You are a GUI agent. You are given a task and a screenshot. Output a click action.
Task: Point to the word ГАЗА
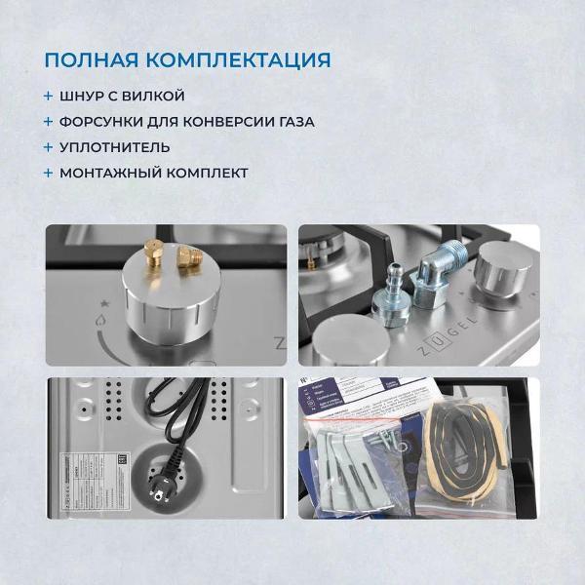coord(292,122)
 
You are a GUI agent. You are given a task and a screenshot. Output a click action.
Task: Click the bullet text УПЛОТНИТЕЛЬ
coord(115,147)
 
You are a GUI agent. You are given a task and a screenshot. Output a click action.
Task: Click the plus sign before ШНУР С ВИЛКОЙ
coord(48,97)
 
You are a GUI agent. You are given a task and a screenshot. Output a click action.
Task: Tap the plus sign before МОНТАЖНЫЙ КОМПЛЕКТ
coord(48,173)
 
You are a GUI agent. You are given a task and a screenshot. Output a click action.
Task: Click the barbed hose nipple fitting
coord(391,290)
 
